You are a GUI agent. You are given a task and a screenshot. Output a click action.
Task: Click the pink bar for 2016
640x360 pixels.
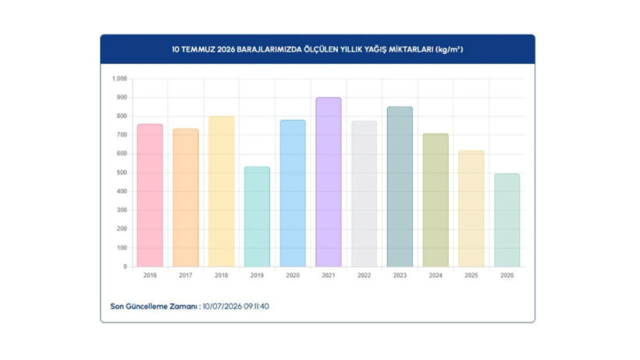click(x=150, y=195)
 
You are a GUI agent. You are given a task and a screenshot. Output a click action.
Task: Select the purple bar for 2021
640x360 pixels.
click(x=328, y=182)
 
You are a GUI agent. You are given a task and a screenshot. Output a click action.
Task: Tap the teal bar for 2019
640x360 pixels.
click(x=257, y=217)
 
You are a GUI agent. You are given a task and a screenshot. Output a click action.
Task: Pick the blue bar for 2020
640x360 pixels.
click(x=293, y=194)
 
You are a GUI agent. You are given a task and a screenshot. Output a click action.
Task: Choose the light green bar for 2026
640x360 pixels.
click(x=507, y=220)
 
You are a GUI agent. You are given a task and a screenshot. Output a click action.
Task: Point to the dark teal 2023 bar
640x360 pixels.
click(x=400, y=187)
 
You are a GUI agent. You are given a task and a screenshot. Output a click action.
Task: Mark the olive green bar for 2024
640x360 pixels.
click(x=436, y=201)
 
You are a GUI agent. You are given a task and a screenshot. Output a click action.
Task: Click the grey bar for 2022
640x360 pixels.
click(x=364, y=194)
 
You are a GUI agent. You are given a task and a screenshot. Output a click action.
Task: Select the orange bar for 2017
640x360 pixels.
click(x=185, y=198)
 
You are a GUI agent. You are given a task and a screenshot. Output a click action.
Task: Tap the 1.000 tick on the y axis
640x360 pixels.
click(x=119, y=78)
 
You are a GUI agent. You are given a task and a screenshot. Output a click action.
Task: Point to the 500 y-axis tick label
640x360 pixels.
click(x=122, y=173)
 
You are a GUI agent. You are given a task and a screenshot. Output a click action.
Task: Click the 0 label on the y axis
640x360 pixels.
click(x=126, y=266)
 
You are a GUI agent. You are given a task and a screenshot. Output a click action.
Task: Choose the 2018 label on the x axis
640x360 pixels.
click(x=221, y=276)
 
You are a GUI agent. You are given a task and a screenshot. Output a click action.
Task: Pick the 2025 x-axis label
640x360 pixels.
click(x=471, y=276)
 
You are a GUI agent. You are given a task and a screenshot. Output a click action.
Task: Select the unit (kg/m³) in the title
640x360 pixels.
click(x=450, y=49)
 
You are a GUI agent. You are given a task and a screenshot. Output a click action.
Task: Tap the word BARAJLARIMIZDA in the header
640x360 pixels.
click(x=269, y=49)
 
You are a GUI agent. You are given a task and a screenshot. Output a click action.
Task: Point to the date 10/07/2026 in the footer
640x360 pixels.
click(x=222, y=306)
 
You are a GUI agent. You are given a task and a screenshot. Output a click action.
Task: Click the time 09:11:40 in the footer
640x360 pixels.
click(x=256, y=306)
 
